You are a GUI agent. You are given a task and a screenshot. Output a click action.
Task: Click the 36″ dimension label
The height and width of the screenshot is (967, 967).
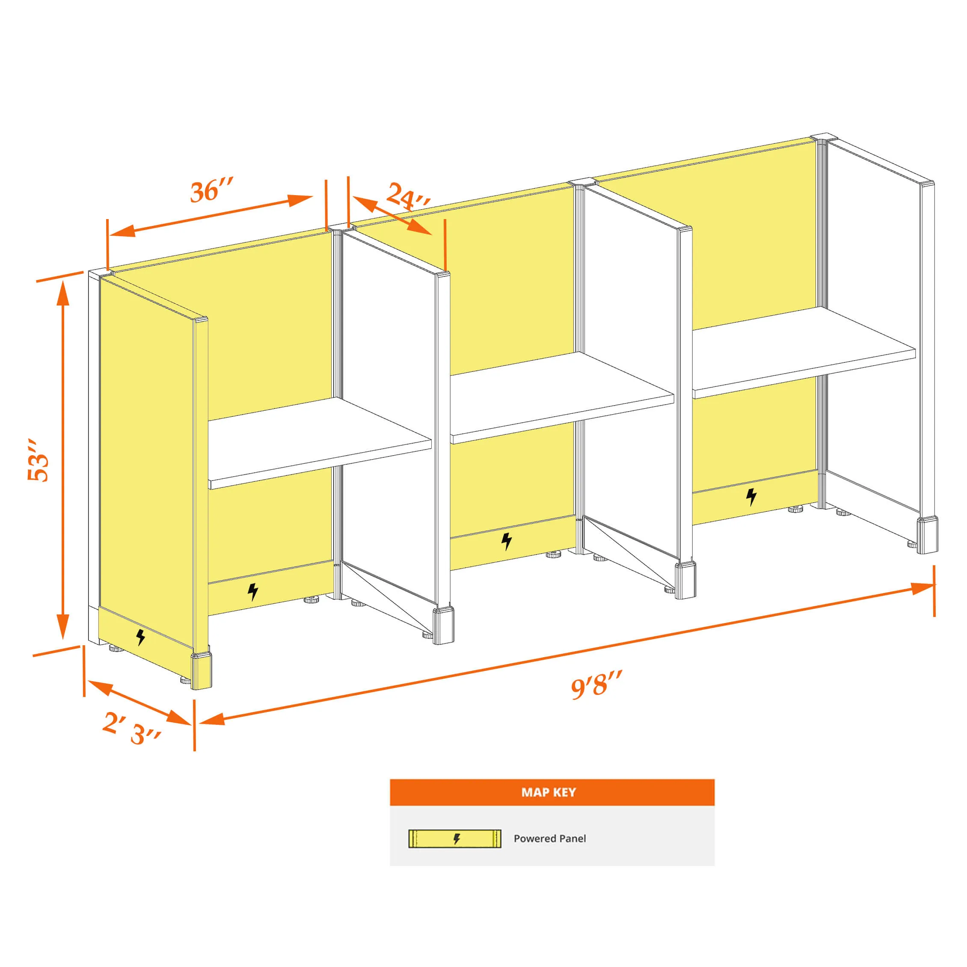212,191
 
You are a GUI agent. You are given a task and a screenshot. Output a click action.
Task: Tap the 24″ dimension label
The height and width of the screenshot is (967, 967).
408,196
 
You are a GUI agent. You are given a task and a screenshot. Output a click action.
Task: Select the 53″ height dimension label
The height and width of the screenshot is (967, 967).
39,460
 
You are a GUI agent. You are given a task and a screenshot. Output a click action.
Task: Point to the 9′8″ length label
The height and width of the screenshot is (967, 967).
596,684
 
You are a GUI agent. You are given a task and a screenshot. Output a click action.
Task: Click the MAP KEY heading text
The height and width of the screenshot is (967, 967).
549,792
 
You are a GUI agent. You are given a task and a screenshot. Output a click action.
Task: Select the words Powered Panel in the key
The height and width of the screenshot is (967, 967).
549,839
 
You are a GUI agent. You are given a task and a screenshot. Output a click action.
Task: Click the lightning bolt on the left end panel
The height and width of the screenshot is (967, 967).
141,637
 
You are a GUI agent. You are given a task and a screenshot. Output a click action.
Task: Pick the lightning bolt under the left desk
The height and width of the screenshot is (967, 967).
253,592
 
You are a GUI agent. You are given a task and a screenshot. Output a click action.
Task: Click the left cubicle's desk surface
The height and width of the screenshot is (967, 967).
319,443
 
